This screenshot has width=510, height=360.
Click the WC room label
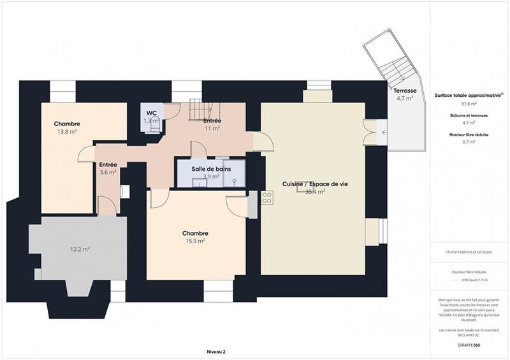151,113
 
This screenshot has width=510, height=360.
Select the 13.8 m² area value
67,132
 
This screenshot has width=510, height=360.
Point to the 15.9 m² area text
194,241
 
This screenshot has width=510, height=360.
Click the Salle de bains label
211,169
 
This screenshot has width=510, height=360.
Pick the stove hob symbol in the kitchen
266,198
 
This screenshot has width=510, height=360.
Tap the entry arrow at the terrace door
384,133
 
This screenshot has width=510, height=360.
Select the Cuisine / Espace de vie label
315,184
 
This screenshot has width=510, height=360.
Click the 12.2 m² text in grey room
80,249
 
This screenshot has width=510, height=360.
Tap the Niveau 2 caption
216,351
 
